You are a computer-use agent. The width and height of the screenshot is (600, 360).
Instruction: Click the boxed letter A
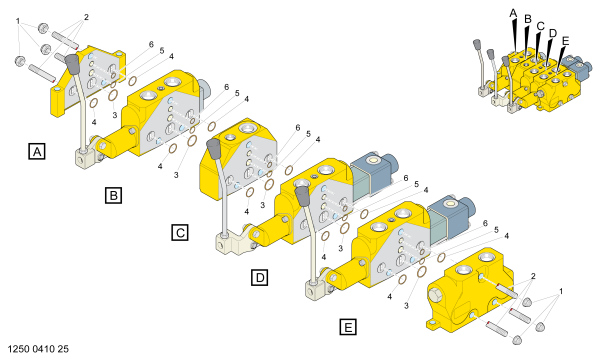(37, 151)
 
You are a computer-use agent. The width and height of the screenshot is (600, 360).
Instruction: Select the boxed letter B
(113, 195)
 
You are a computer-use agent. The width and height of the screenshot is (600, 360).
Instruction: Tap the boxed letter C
(180, 233)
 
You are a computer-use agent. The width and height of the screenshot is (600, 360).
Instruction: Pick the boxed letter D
(260, 277)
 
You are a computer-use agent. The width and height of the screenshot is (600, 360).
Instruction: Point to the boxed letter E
(348, 327)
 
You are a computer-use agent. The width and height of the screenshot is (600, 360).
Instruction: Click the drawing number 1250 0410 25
(38, 349)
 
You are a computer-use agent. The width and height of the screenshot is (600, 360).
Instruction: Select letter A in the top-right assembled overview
(513, 13)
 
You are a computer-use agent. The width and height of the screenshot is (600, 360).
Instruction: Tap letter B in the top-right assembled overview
(528, 19)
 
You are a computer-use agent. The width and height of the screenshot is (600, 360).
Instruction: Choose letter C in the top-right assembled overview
(540, 26)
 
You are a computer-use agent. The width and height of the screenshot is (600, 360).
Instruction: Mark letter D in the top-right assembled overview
(553, 33)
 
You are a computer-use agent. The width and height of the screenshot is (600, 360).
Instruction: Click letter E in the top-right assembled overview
(565, 41)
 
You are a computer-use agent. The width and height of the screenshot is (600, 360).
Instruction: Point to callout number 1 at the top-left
(18, 21)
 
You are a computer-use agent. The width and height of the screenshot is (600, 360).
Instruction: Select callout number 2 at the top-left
(86, 17)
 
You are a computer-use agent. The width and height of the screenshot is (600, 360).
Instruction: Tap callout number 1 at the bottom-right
(561, 291)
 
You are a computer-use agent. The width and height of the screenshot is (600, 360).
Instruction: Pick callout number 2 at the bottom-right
(533, 276)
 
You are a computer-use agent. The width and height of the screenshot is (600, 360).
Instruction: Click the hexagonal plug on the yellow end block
(436, 296)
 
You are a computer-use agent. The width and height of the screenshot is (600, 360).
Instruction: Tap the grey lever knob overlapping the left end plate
(72, 64)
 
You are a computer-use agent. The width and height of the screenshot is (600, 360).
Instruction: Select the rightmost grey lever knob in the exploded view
(303, 195)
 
